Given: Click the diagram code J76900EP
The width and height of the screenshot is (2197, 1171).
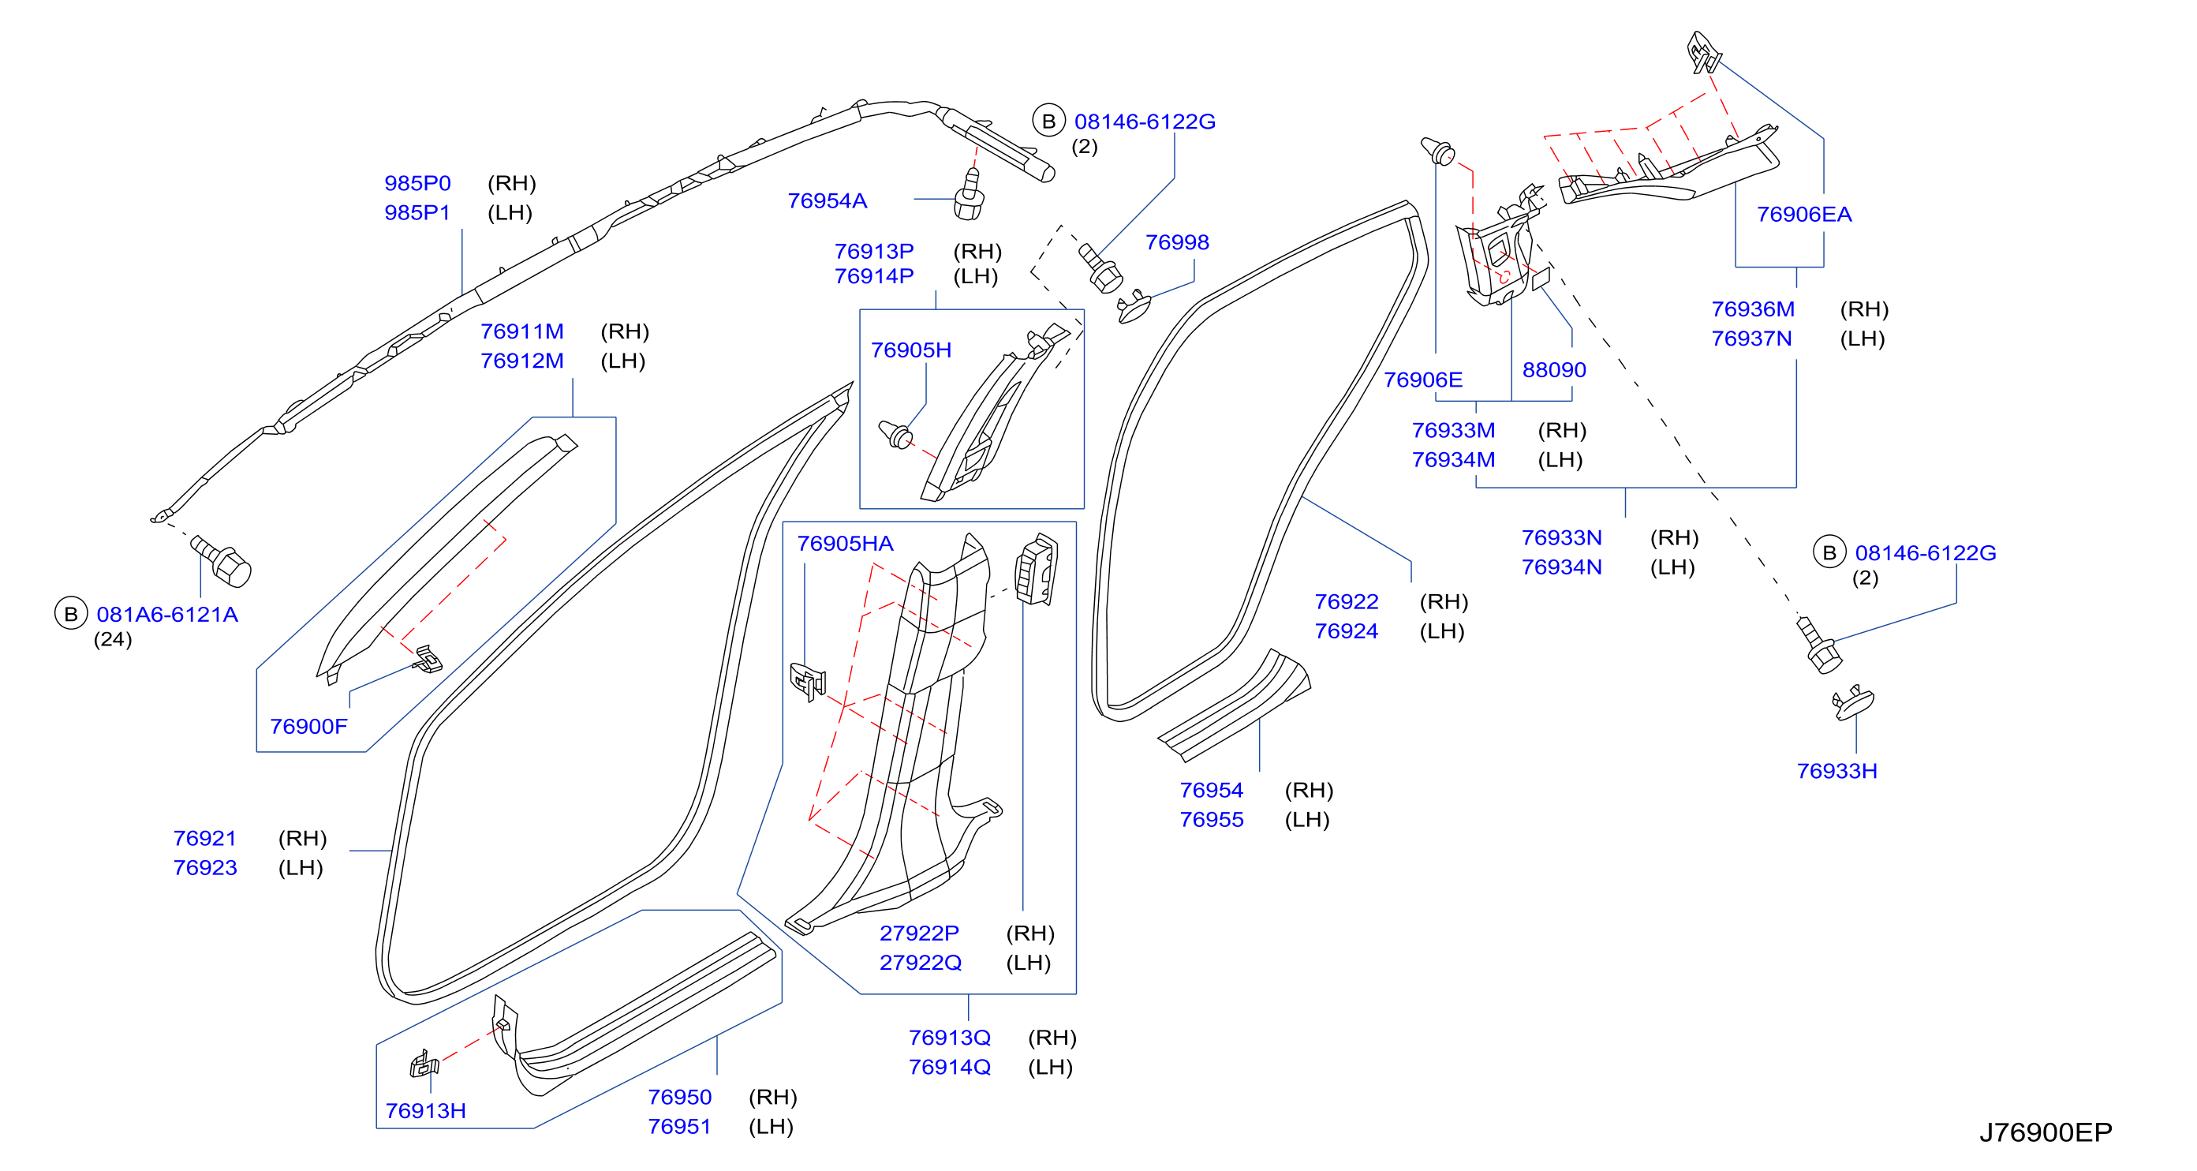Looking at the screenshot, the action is coord(2046,1132).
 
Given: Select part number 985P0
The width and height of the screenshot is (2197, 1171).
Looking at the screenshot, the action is coord(417,183).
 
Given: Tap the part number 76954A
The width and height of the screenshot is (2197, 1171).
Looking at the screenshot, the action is coord(827,200).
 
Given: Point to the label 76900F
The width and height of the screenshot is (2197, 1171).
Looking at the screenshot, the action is coord(308,726).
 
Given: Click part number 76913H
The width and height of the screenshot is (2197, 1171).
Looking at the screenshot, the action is coord(425,1110).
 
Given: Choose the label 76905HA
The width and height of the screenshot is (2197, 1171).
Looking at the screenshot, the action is coord(845,543).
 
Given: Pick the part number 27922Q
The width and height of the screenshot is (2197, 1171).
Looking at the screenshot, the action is coord(921,962).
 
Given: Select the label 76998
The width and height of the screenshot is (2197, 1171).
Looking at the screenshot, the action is coord(1177,242).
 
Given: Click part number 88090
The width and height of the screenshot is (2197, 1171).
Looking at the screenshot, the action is coord(1554,369).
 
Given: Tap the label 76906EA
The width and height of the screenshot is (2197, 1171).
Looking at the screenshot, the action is coord(1804,214).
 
